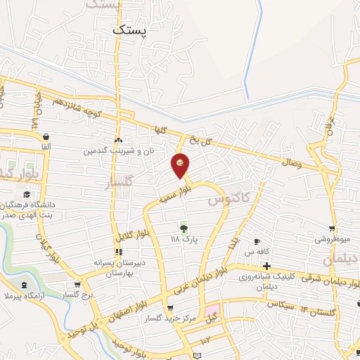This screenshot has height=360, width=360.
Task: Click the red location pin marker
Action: point(180,165)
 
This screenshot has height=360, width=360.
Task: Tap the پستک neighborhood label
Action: point(130,30)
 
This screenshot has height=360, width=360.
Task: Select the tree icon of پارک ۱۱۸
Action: point(184,228)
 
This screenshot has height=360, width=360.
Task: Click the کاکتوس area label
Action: point(229,200)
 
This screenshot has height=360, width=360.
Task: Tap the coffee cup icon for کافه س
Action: point(257,241)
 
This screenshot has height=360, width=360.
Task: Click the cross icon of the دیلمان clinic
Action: point(266,266)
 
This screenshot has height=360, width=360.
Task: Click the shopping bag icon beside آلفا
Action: point(46,136)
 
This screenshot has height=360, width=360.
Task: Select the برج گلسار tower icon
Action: point(77,285)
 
